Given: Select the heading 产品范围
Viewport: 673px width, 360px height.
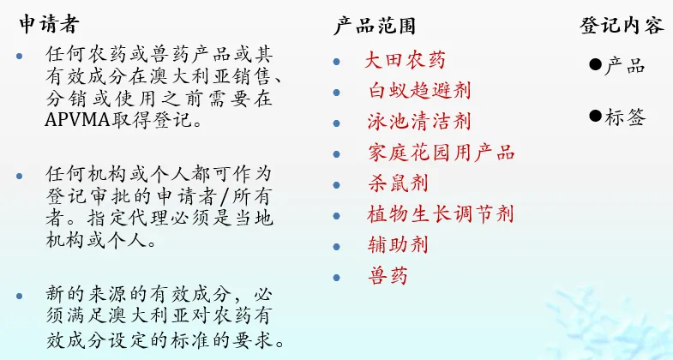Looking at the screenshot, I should pos(375,26).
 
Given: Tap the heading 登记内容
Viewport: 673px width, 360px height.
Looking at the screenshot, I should pos(622,26).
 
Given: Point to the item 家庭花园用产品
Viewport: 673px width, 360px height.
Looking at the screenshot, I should pos(440,153).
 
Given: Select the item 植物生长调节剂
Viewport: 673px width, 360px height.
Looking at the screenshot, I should pos(440,214).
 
